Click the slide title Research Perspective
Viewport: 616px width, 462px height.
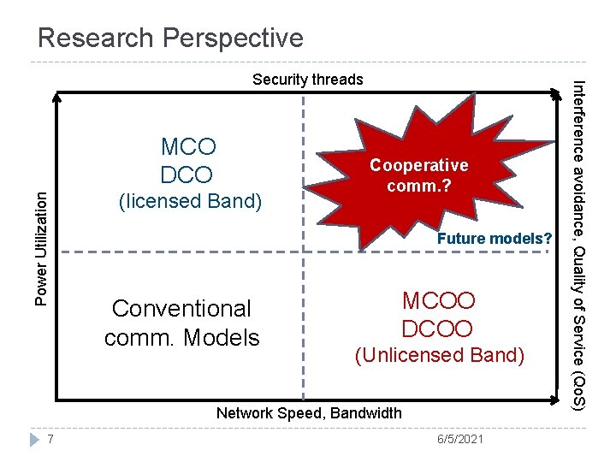click(170, 38)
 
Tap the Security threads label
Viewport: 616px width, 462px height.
click(307, 80)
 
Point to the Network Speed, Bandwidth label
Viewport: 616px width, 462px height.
click(308, 413)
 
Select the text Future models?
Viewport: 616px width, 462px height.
click(495, 239)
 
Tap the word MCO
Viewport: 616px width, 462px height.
click(188, 146)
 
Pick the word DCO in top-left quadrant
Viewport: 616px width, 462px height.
click(187, 175)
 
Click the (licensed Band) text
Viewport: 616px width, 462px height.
click(190, 202)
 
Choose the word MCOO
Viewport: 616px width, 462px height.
click(438, 301)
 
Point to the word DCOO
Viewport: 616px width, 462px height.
click(438, 329)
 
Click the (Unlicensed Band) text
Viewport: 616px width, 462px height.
click(439, 355)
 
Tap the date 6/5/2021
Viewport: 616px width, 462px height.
click(459, 439)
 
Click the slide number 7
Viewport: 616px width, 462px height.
click(52, 439)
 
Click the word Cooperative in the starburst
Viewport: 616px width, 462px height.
click(418, 165)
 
